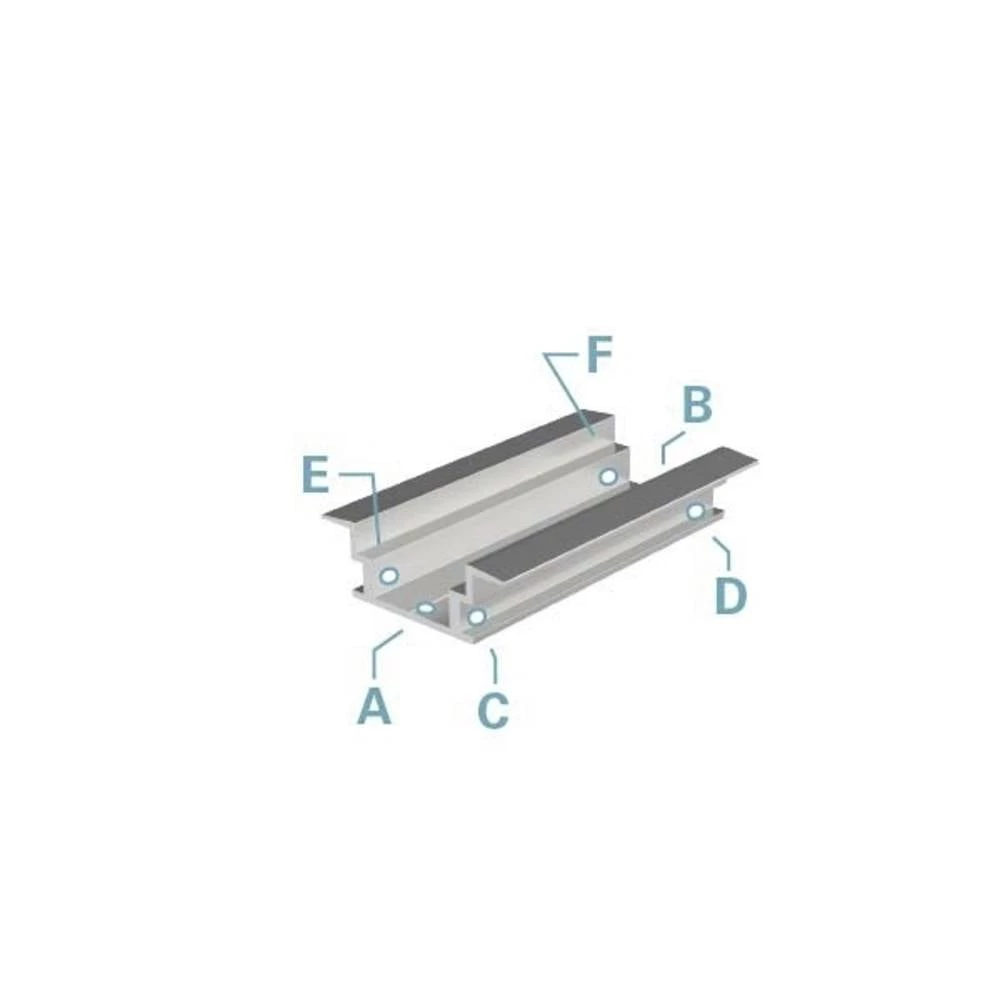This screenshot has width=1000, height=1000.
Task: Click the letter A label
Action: (373, 705)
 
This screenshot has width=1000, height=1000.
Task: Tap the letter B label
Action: (697, 407)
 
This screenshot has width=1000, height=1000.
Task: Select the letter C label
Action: (493, 709)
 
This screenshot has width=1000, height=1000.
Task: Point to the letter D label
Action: (730, 596)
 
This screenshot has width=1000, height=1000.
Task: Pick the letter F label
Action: (597, 356)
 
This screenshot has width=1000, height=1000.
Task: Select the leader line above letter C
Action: (494, 664)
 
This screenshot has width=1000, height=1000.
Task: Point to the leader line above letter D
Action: (722, 552)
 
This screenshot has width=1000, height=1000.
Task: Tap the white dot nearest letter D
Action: (695, 512)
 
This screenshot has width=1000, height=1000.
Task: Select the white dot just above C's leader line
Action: (477, 616)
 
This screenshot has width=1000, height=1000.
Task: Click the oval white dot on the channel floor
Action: (427, 607)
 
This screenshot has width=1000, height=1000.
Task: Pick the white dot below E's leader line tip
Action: (389, 576)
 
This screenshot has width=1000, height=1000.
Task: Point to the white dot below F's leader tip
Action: (608, 475)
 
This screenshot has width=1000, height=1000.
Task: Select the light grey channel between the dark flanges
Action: (500, 520)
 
